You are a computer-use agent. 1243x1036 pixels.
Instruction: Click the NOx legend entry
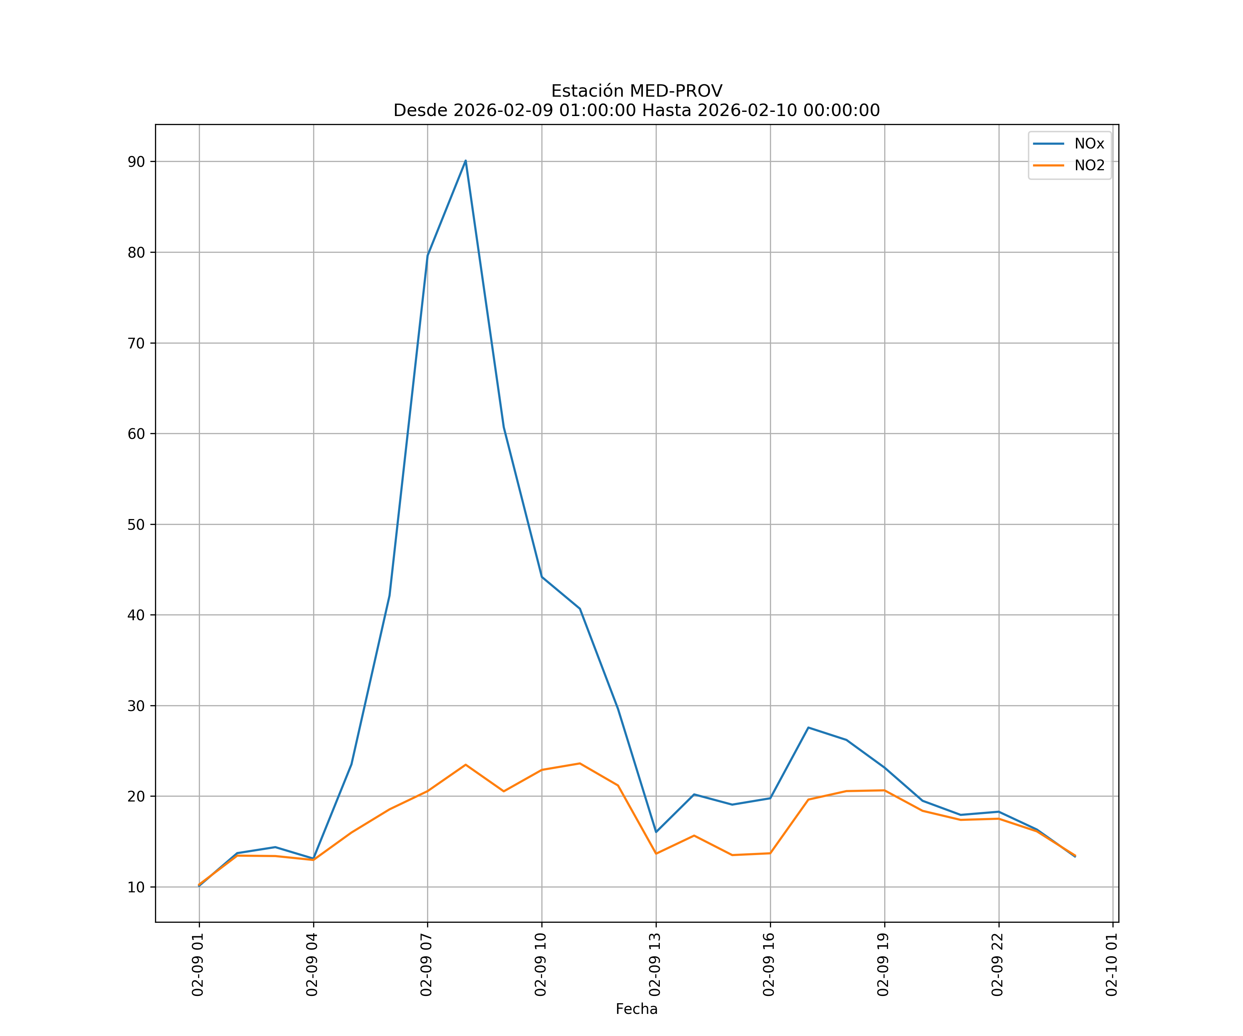pyautogui.click(x=1089, y=144)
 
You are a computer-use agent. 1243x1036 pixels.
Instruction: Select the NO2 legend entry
pyautogui.click(x=1089, y=166)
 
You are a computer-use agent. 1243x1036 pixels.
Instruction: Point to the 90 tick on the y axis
pyautogui.click(x=136, y=162)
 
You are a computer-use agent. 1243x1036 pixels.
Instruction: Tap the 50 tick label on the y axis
pyautogui.click(x=136, y=525)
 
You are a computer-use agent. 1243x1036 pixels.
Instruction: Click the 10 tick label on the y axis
pyautogui.click(x=136, y=887)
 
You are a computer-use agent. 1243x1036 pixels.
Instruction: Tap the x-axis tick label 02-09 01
pyautogui.click(x=198, y=965)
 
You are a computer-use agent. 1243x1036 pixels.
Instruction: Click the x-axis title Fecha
pyautogui.click(x=636, y=1009)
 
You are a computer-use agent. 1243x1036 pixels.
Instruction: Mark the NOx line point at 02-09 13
pyautogui.click(x=656, y=832)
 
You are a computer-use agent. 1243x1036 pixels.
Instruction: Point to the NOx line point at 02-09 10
pyautogui.click(x=542, y=577)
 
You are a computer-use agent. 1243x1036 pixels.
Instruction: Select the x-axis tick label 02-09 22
pyautogui.click(x=998, y=965)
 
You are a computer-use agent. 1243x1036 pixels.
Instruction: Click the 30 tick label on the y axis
pyautogui.click(x=136, y=706)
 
